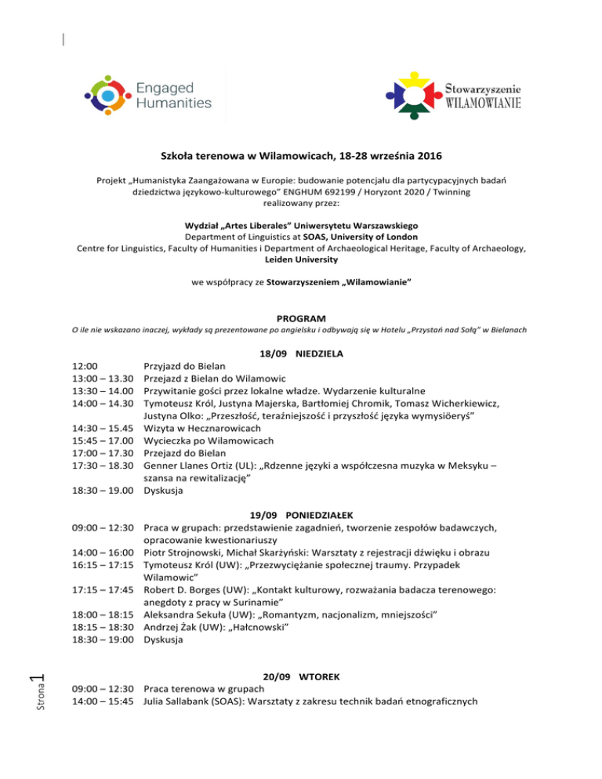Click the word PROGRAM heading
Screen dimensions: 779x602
click(301, 317)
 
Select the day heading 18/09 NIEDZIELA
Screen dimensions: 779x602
click(301, 353)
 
